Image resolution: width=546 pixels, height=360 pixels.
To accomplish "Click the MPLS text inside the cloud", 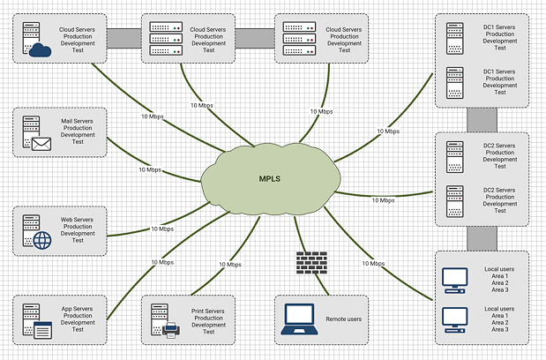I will click(x=271, y=178).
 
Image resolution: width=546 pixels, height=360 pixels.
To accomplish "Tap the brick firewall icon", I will click(x=311, y=262).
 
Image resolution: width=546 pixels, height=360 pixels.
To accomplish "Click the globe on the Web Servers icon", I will click(x=42, y=240).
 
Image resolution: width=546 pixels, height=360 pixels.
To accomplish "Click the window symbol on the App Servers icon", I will click(x=42, y=331).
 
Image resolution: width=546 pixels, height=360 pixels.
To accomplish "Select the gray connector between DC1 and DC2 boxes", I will click(x=482, y=119).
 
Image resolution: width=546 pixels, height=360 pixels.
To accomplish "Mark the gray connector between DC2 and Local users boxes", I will click(x=482, y=237).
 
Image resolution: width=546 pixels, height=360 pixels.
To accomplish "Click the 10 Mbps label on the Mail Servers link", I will click(x=150, y=169).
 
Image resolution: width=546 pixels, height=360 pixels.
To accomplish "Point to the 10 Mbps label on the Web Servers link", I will click(x=151, y=230).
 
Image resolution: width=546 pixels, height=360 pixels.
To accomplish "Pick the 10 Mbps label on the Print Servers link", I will click(x=228, y=264).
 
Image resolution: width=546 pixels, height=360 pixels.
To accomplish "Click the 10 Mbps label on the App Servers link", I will click(x=161, y=262).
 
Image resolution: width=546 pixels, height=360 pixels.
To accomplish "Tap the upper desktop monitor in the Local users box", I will click(x=453, y=279).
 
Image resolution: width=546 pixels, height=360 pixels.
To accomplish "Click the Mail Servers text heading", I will click(x=78, y=119).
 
